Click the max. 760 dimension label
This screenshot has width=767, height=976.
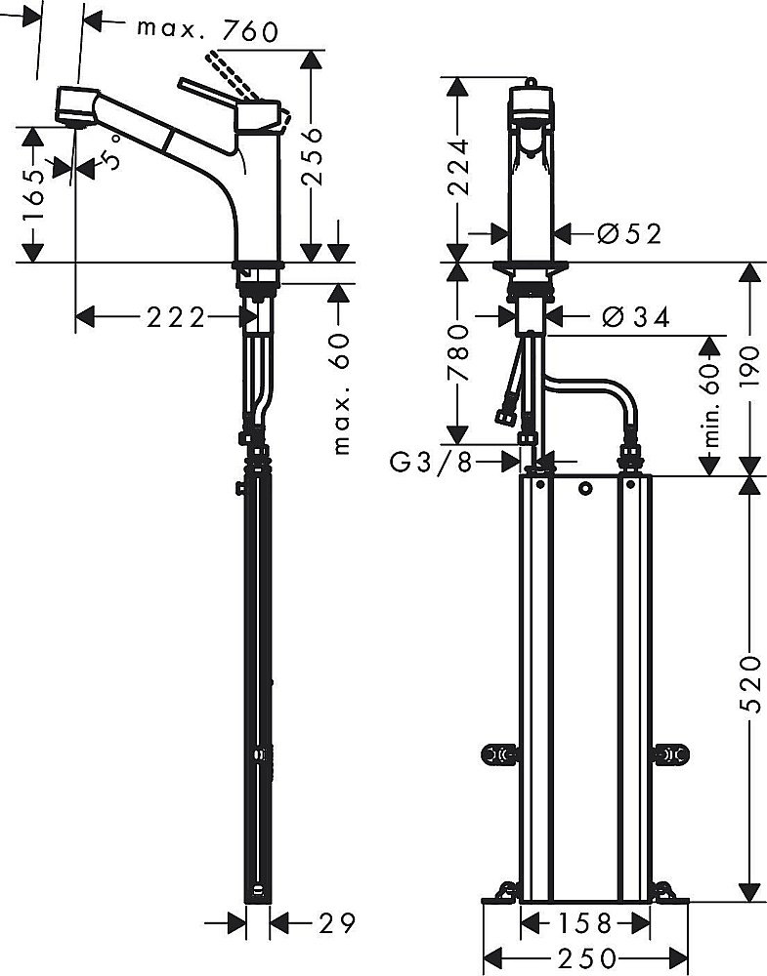tap(207, 30)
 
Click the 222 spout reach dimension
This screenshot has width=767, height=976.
tap(176, 317)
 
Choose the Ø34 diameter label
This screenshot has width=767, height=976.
tap(635, 317)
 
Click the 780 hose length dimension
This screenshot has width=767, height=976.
tap(458, 356)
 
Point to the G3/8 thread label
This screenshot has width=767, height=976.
tap(431, 462)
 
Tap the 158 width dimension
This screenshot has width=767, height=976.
tap(585, 922)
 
